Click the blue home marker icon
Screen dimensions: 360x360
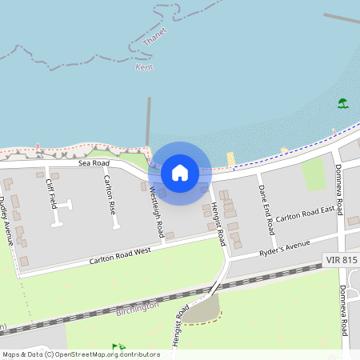[x=180, y=173]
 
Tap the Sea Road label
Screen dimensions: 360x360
[x=94, y=163]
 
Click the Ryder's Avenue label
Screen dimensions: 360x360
[x=284, y=250]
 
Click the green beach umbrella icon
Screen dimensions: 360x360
[x=342, y=103]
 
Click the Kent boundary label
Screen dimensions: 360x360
[x=144, y=67]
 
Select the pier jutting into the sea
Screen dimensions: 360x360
[x=148, y=120]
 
